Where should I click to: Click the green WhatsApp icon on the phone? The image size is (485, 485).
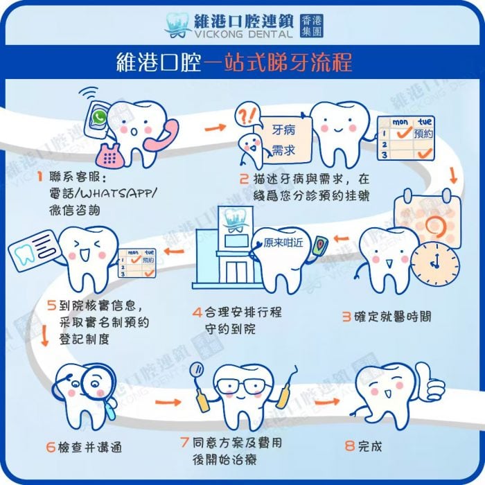point(99,118)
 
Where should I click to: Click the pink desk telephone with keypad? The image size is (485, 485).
point(109,156)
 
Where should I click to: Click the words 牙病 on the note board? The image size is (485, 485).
point(283,130)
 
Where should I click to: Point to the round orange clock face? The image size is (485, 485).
point(435,263)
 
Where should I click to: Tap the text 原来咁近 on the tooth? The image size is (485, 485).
point(283,242)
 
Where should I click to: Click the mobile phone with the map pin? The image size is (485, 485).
point(320,246)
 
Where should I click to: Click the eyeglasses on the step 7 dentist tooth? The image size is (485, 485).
point(242,387)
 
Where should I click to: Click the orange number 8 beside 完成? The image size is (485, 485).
point(349,446)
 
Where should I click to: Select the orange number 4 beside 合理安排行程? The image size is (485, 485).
point(197,312)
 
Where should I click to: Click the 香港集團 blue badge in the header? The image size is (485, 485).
point(312,26)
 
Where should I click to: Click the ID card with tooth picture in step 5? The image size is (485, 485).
point(33,250)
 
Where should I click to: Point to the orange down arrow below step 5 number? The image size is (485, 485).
point(45,335)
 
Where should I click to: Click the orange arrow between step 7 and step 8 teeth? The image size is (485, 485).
point(327,402)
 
